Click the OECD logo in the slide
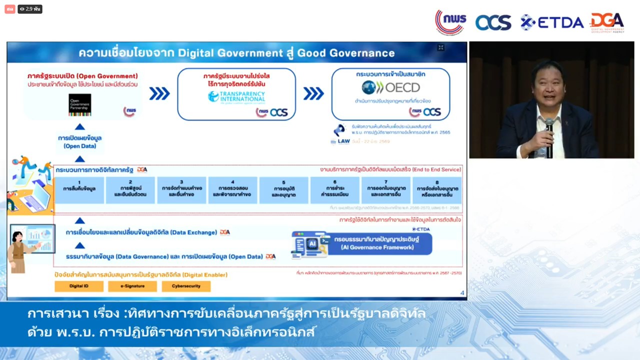click(x=391, y=88)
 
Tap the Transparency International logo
click(x=236, y=96)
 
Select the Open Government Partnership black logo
click(x=79, y=104)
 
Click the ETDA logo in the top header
click(x=552, y=22)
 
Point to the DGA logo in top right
click(x=607, y=22)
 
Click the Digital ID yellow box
click(x=79, y=286)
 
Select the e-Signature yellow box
click(x=132, y=286)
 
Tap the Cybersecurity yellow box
click(x=186, y=286)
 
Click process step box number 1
click(x=79, y=189)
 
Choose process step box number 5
click(x=283, y=189)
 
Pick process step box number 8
click(x=437, y=189)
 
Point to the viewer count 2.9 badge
click(x=30, y=9)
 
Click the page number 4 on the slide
click(x=462, y=293)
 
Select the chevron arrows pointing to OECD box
click(x=313, y=93)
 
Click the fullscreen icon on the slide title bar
click(x=440, y=47)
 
